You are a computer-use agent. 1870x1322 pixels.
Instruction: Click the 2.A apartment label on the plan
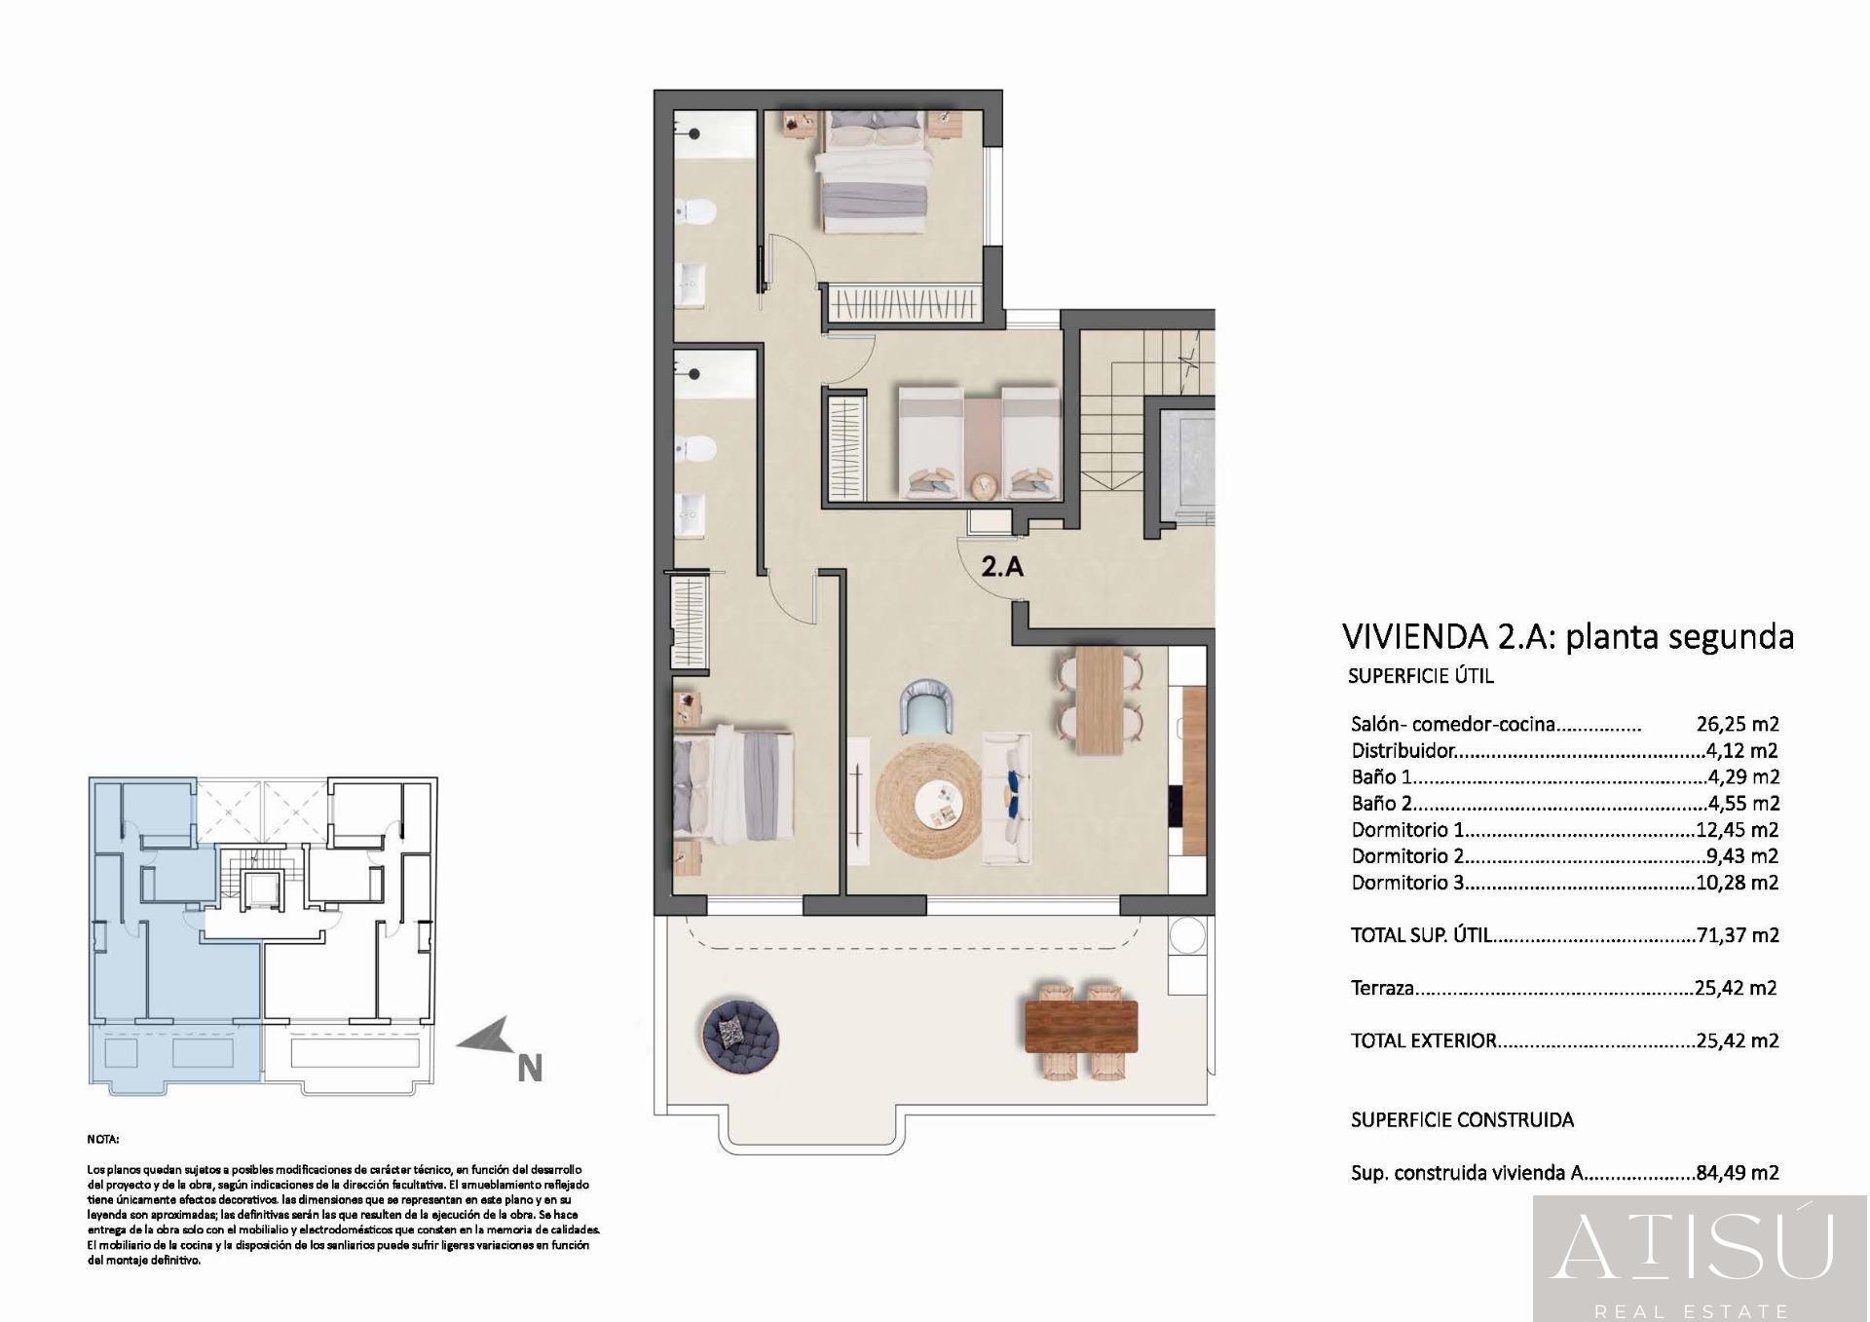click(x=1002, y=566)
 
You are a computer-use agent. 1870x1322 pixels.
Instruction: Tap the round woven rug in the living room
click(x=929, y=800)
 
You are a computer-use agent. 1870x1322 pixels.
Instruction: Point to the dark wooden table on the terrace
click(x=1081, y=1027)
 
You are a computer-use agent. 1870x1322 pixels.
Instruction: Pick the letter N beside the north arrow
click(x=529, y=1069)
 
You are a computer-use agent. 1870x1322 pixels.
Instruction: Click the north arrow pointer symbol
click(x=486, y=1039)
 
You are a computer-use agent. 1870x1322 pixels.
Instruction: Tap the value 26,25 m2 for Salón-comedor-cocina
click(x=1738, y=724)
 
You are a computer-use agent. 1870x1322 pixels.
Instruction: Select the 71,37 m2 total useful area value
click(x=1738, y=935)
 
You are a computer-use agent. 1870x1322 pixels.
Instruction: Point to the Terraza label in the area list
click(x=1382, y=988)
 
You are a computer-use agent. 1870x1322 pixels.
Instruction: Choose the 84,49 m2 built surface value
click(x=1738, y=1173)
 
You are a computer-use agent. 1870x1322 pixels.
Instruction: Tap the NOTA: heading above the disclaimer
click(x=103, y=1139)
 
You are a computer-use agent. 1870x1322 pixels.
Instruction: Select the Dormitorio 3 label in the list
click(x=1407, y=883)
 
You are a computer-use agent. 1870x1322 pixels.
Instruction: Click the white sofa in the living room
click(x=1008, y=798)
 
